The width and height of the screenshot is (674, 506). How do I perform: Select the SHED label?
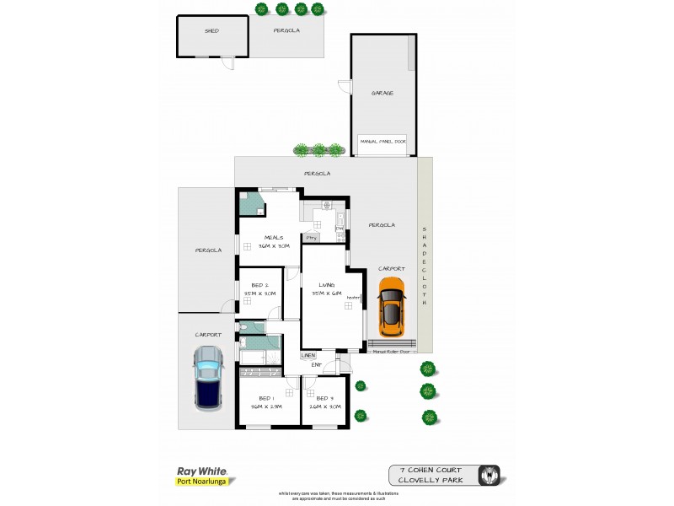click(x=211, y=31)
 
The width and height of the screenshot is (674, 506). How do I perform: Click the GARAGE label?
click(x=382, y=94)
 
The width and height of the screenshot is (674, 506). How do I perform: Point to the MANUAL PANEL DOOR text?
click(x=382, y=141)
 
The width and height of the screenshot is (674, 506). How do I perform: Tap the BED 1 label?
click(x=265, y=398)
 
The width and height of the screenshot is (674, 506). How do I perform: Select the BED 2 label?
click(x=259, y=285)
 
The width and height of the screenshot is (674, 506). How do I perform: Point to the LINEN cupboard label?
click(x=308, y=356)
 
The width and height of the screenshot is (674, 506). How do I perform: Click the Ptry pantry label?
click(x=311, y=238)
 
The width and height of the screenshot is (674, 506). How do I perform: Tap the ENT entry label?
click(x=317, y=364)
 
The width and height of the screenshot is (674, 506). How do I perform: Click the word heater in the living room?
click(x=352, y=297)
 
